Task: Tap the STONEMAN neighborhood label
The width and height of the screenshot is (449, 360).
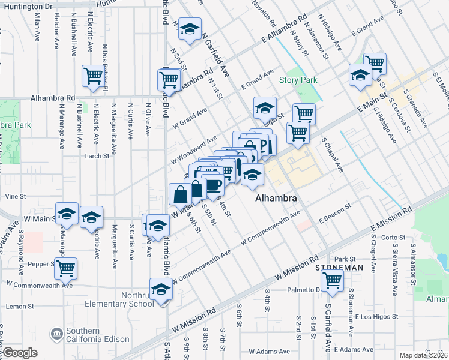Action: (339, 267)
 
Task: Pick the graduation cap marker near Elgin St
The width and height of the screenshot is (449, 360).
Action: (265, 108)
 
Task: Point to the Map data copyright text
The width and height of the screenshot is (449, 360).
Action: (423, 355)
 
